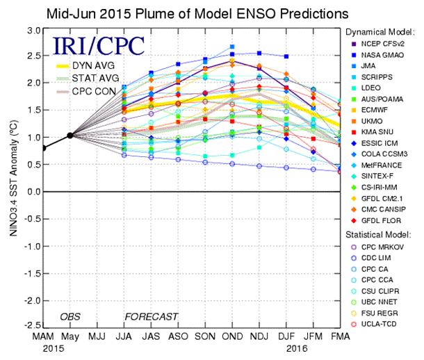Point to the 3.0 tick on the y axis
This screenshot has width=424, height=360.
pyautogui.click(x=31, y=31)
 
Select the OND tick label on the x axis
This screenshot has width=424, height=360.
pyautogui.click(x=232, y=337)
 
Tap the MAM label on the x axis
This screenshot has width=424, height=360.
pyautogui.click(x=43, y=337)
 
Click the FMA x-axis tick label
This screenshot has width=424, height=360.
pyautogui.click(x=340, y=337)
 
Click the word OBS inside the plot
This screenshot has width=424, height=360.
pyautogui.click(x=70, y=317)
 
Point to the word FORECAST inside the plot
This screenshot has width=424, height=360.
pyautogui.click(x=151, y=317)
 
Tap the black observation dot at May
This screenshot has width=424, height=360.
pyautogui.click(x=70, y=136)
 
